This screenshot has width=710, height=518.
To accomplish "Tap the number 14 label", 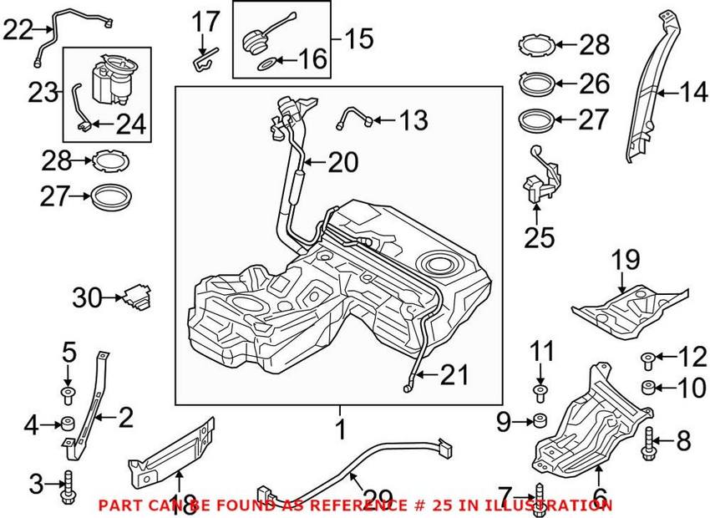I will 692,93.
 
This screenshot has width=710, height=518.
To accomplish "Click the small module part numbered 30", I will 135,296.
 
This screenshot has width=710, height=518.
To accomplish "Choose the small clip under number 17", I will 202,60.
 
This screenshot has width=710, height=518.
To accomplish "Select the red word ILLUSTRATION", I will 556,505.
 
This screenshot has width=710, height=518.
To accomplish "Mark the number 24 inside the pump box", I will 129,124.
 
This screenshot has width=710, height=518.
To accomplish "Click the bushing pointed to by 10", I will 647,388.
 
